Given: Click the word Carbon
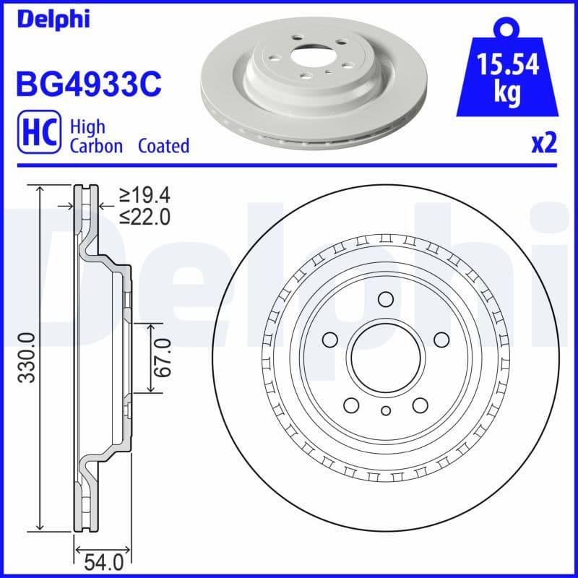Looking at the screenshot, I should coord(98,146).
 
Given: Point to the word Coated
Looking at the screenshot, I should coord(163,146).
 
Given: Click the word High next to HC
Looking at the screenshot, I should coord(87,126).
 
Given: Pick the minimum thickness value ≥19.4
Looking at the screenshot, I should coord(144,194).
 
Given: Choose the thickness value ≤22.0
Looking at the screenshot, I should coord(144,216).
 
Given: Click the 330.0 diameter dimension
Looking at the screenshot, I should coord(27,358).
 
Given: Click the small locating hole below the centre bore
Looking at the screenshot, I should coord(385,412).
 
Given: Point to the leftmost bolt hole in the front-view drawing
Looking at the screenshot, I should coord(330,340).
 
